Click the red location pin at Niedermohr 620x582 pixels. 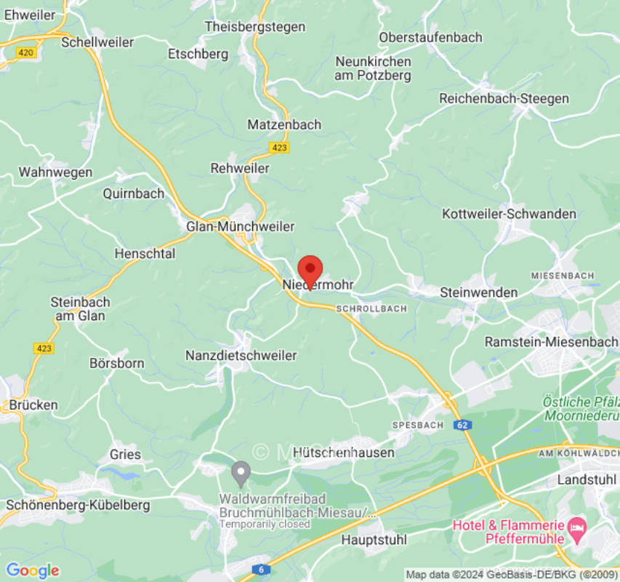coord(310,270)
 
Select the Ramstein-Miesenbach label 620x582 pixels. coord(550,342)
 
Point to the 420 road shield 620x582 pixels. coord(25,52)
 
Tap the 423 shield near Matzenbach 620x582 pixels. coord(279,148)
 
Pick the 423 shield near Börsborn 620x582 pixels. coord(44,348)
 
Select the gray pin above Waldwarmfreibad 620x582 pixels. coord(241,474)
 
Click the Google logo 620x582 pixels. coord(32,570)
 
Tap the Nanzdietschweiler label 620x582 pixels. coord(241,356)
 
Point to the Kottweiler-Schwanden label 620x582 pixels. coord(509,214)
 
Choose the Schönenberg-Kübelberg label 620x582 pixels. coord(78,505)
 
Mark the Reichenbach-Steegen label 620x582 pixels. coord(504,98)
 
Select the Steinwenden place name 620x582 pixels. coord(479,292)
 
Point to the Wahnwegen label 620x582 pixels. coord(55,172)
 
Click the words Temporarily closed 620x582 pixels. coord(265,524)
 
